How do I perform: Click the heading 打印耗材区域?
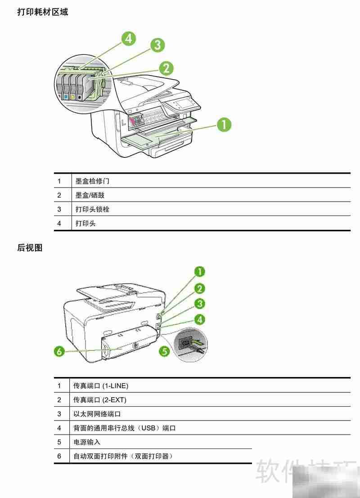pyautogui.click(x=43, y=12)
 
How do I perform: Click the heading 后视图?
pyautogui.click(x=30, y=248)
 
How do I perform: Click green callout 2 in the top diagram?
pyautogui.click(x=166, y=68)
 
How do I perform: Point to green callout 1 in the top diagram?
pyautogui.click(x=224, y=125)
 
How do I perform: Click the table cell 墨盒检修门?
pyautogui.click(x=92, y=181)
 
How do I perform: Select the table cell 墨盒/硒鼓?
pyautogui.click(x=90, y=195)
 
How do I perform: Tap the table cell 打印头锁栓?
pyautogui.click(x=92, y=209)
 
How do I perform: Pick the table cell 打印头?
pyautogui.click(x=85, y=223)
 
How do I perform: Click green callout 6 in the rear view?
pyautogui.click(x=59, y=351)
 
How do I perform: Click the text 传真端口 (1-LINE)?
pyautogui.click(x=101, y=386)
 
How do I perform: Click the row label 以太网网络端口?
pyautogui.click(x=97, y=414)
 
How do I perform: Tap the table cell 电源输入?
pyautogui.click(x=87, y=442)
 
